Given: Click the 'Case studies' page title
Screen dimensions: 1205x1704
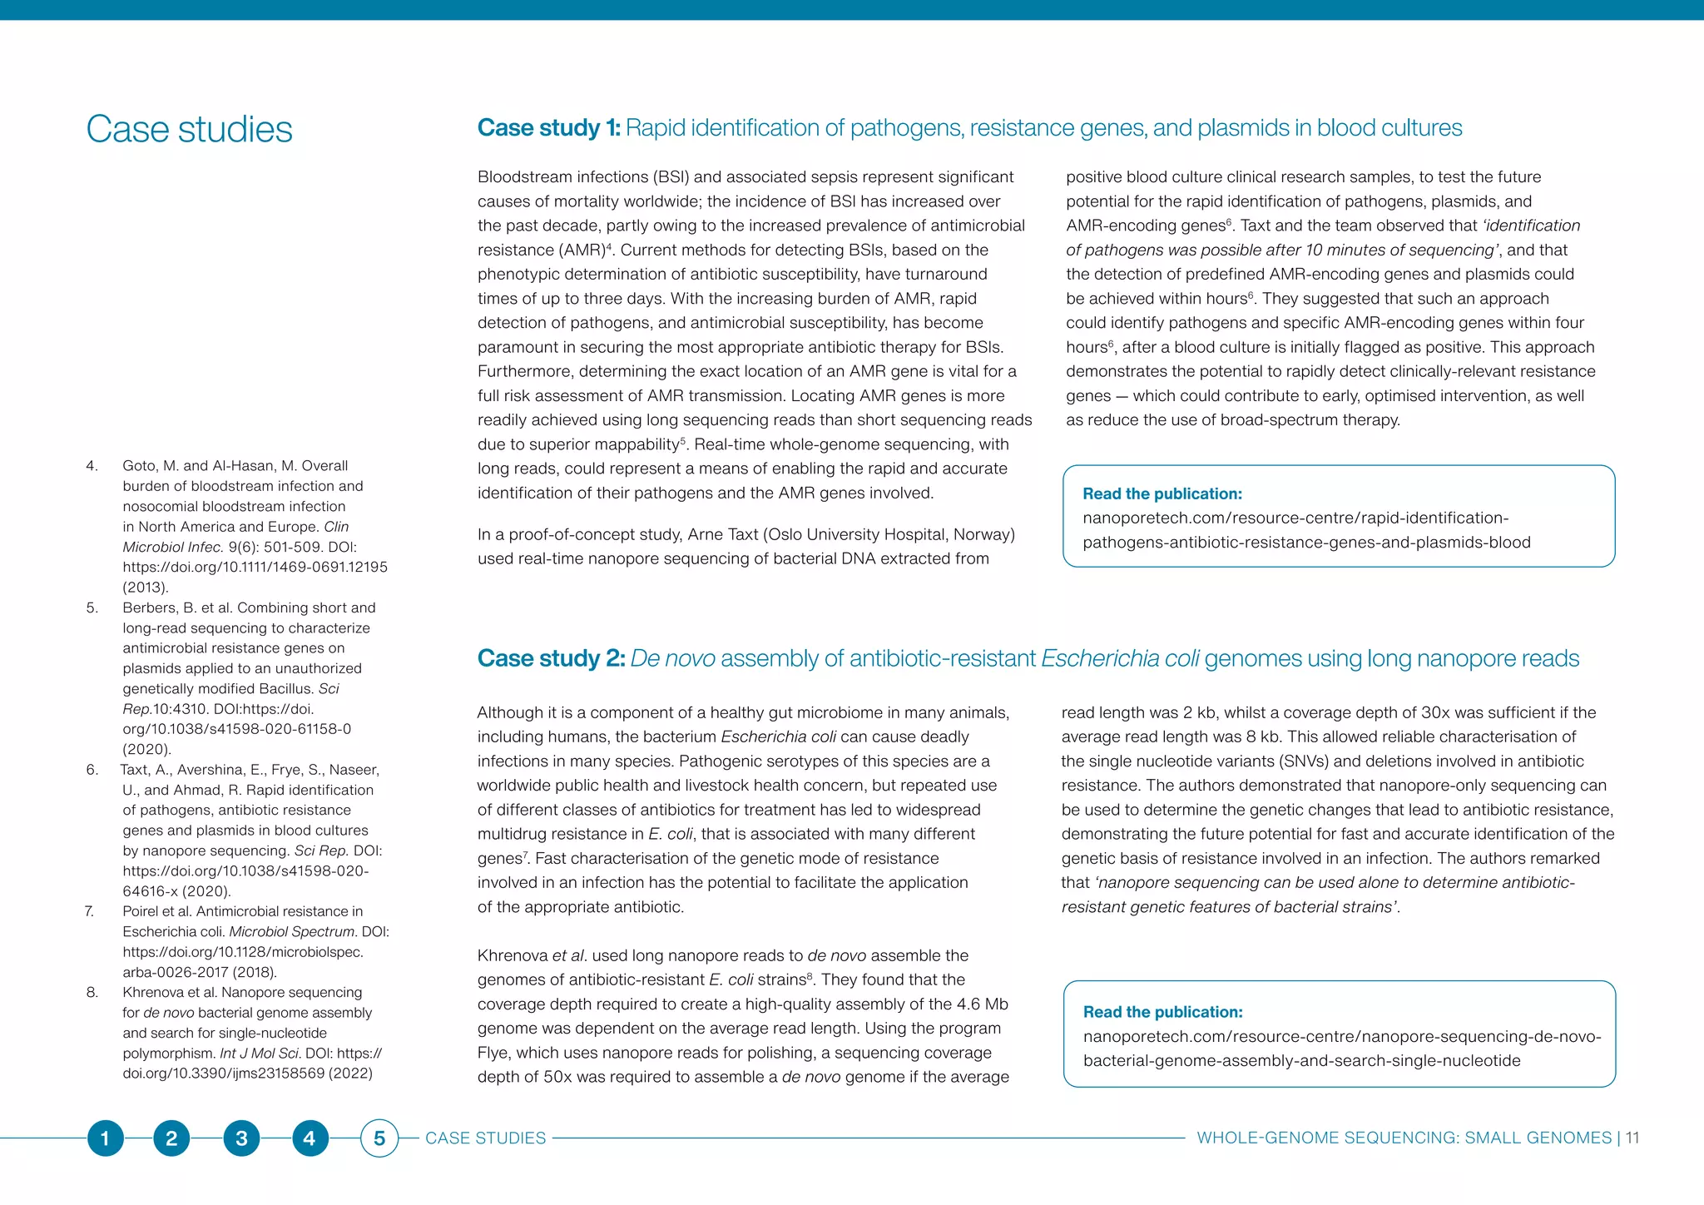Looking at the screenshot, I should point(189,130).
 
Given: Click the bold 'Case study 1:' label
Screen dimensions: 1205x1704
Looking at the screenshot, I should point(548,128).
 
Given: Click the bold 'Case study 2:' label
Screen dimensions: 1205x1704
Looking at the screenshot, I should point(551,658).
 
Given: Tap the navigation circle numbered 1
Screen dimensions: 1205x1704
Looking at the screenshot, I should point(105,1138).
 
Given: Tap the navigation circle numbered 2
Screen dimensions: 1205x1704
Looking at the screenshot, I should point(171,1138).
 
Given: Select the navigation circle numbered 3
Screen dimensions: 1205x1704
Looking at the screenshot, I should point(241,1138).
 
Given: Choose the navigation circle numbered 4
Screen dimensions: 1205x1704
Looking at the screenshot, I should point(310,1138).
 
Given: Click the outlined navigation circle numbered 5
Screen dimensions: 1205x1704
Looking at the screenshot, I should point(379,1138).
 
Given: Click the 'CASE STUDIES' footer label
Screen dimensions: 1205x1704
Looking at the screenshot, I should point(485,1138).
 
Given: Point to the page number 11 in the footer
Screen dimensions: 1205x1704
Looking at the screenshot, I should point(1632,1138).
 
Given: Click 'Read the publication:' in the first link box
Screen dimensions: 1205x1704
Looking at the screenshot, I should point(1162,493).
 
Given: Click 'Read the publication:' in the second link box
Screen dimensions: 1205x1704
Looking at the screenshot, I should point(1162,1012).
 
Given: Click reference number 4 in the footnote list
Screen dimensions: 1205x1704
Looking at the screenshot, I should point(92,466).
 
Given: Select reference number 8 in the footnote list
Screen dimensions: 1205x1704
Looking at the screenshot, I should point(92,992).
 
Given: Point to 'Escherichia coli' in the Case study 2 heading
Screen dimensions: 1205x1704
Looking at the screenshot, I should point(1119,658).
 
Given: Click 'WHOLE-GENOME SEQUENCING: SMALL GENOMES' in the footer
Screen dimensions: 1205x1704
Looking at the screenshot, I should point(1404,1138).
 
